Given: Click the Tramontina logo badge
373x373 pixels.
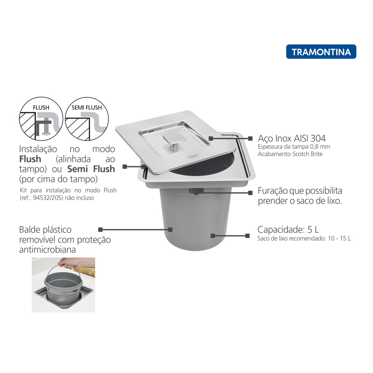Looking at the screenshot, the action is [x=321, y=52].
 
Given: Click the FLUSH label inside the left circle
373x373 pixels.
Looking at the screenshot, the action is [x=41, y=108].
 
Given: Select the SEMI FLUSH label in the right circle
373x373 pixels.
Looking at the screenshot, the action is [x=86, y=108].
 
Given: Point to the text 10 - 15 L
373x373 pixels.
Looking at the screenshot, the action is [x=339, y=238].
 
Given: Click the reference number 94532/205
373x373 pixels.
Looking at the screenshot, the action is [x=48, y=198].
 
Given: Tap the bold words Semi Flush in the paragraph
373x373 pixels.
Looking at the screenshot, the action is [x=91, y=169].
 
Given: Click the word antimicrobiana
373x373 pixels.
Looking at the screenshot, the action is [x=48, y=250].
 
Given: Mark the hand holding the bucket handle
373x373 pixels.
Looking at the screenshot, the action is [x=66, y=264].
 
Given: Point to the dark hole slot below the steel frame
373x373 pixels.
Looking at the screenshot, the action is [x=196, y=191].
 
